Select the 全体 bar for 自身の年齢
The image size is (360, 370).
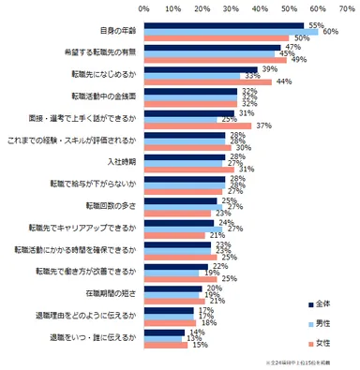[225, 25]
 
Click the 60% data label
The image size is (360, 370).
[329, 32]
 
